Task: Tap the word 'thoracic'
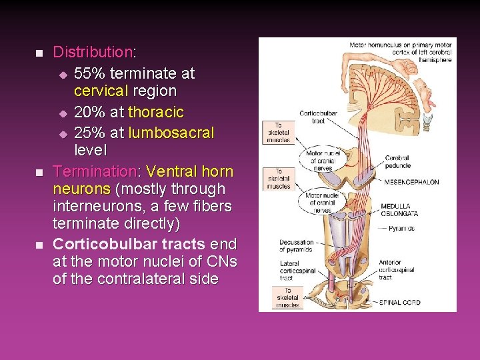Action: click(156, 112)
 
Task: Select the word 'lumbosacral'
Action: click(171, 133)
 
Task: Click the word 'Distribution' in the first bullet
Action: click(93, 51)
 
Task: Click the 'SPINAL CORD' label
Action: click(399, 303)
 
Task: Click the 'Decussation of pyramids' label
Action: click(297, 245)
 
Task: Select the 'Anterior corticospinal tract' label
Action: click(398, 270)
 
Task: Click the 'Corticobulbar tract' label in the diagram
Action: click(317, 117)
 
